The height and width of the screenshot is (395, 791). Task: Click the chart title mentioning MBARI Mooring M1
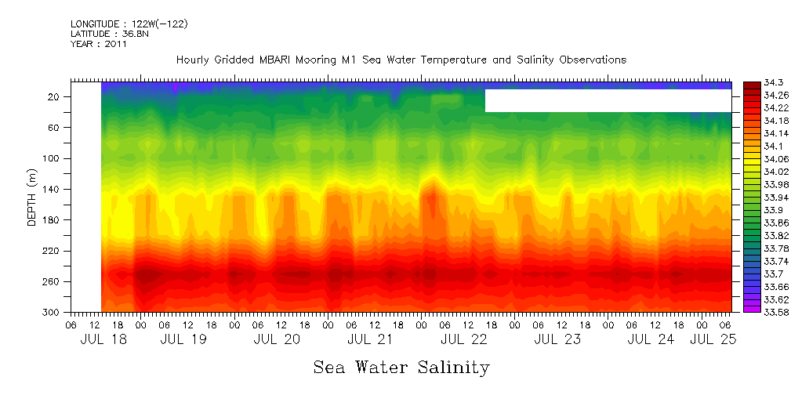[x=401, y=60]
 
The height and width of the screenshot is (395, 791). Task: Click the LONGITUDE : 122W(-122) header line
[x=129, y=24]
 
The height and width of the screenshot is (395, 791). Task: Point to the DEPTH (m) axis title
[x=32, y=200]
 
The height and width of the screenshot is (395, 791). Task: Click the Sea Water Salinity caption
[x=401, y=367]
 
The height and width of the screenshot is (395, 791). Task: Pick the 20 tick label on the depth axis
[x=55, y=97]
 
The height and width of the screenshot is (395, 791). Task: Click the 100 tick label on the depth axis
[x=53, y=158]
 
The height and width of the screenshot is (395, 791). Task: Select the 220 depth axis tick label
[x=53, y=251]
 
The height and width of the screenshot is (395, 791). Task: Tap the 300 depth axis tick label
[x=53, y=313]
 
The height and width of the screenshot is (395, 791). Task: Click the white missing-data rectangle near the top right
[x=608, y=100]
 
